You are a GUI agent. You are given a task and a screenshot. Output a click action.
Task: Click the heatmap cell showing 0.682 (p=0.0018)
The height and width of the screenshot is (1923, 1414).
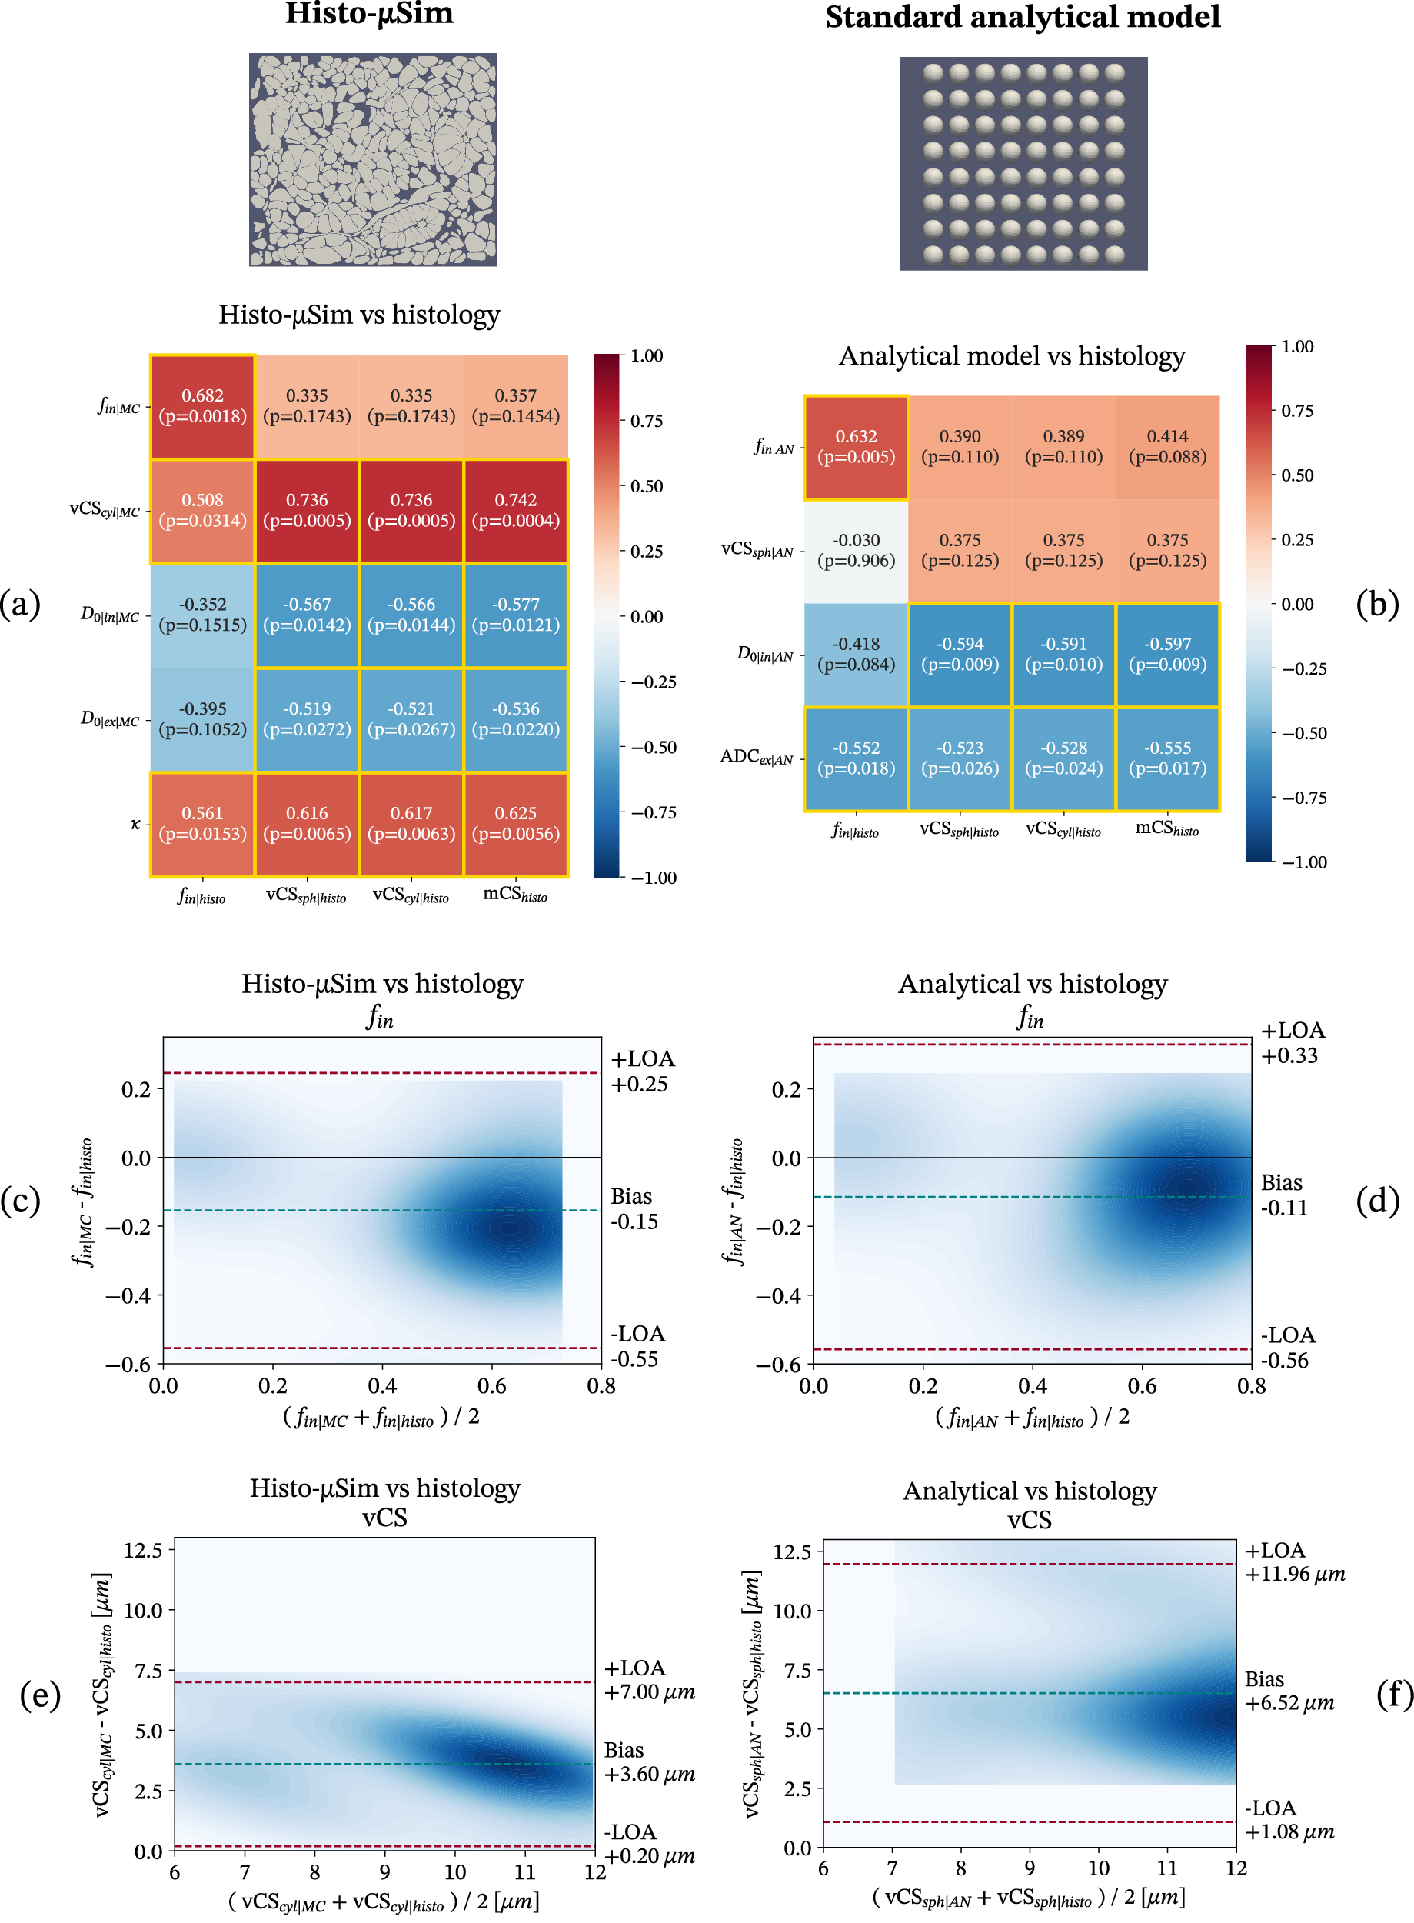[202, 406]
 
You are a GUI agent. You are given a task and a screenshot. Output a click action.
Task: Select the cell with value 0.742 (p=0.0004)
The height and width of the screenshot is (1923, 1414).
[515, 510]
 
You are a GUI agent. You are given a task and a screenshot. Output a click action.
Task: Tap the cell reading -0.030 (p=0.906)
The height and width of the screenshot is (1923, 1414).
[856, 551]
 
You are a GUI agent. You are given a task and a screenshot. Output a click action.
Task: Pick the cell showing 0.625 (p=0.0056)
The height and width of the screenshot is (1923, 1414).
[515, 824]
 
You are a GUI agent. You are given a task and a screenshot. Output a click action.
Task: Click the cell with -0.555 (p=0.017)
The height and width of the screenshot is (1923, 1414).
[1167, 758]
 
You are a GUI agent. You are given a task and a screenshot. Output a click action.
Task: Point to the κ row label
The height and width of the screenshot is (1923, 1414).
[135, 824]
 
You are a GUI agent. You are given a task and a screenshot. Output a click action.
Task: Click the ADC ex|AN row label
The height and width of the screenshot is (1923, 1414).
[757, 757]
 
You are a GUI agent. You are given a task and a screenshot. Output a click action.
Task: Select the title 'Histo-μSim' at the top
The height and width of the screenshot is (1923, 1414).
[369, 15]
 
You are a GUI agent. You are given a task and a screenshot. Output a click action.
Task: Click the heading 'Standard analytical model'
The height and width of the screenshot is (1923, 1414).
[1022, 17]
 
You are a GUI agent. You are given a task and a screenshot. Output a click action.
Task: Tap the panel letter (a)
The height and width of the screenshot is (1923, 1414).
[21, 605]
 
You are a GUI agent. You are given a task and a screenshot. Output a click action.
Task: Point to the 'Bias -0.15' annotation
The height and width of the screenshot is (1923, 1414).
[634, 1208]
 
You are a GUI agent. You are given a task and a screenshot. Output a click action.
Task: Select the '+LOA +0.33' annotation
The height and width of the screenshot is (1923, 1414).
[1292, 1042]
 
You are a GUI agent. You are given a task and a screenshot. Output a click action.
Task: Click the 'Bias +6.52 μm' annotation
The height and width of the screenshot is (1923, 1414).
[1289, 1690]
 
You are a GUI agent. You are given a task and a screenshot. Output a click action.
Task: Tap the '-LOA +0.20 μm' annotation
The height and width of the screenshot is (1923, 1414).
[649, 1843]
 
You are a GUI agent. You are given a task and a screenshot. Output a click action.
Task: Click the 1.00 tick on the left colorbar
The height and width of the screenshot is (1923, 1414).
[646, 356]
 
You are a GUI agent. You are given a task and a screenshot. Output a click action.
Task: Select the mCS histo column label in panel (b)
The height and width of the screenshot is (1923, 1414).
[1166, 828]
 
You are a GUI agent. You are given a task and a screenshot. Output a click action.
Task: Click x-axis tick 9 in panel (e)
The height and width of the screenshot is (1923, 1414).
[385, 1871]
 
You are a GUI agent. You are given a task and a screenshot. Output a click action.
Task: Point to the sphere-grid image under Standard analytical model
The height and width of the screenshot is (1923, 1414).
[1023, 164]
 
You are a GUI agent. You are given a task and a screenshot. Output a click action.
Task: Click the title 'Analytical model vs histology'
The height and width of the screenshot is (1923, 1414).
[1012, 356]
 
